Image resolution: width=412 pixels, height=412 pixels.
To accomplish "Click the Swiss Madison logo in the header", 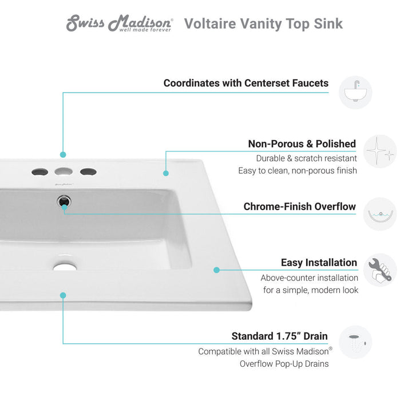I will point(120,23).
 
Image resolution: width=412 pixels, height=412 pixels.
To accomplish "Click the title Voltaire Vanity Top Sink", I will point(263,23).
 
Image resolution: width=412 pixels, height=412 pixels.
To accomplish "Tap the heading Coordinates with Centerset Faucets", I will point(246,83).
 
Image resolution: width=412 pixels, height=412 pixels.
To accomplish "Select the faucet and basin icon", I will point(355,92).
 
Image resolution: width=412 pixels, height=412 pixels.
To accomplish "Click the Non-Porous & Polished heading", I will point(302,144).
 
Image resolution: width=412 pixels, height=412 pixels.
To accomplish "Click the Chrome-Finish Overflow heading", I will point(299,207).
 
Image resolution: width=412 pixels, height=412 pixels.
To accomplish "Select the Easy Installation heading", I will point(319,263).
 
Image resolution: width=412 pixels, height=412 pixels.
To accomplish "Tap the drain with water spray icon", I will point(355,343).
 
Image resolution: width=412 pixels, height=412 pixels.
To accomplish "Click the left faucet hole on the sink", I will point(39,171).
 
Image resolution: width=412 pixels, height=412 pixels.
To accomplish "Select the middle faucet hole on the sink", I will point(63,171).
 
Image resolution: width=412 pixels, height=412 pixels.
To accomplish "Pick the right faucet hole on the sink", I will point(88,171).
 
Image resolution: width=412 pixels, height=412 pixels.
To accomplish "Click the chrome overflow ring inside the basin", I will point(63,201).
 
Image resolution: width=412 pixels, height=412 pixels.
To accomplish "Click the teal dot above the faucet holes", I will point(63,154).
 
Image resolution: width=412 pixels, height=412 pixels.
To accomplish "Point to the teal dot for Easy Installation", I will point(217,270).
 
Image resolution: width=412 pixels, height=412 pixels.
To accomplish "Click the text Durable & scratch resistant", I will point(306,159).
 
